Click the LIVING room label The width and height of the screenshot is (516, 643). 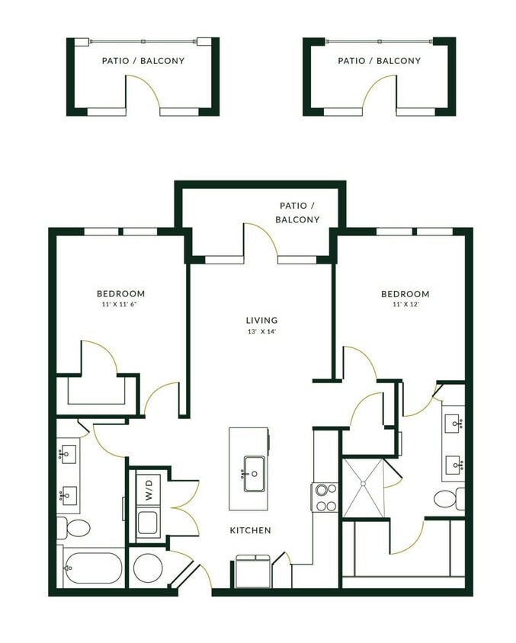coord(261,320)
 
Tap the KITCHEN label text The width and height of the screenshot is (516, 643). coord(250,530)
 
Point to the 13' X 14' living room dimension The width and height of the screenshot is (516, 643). coord(261,333)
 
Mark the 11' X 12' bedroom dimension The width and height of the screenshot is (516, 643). coord(405,305)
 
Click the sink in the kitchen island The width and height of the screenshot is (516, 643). coord(253,475)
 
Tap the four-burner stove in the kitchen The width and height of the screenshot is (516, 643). coord(325,497)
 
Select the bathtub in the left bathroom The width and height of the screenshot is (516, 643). coord(93,567)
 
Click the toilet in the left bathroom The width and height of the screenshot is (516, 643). coord(74,526)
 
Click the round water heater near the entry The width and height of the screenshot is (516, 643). coord(147,568)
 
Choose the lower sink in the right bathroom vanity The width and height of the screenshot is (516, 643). coord(453,463)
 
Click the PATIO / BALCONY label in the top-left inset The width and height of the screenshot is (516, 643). coord(143,61)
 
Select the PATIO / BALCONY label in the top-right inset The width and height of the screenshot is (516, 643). coord(379,61)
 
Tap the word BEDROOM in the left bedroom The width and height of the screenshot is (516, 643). coord(120,293)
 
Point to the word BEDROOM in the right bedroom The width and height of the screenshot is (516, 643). coord(405,293)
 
